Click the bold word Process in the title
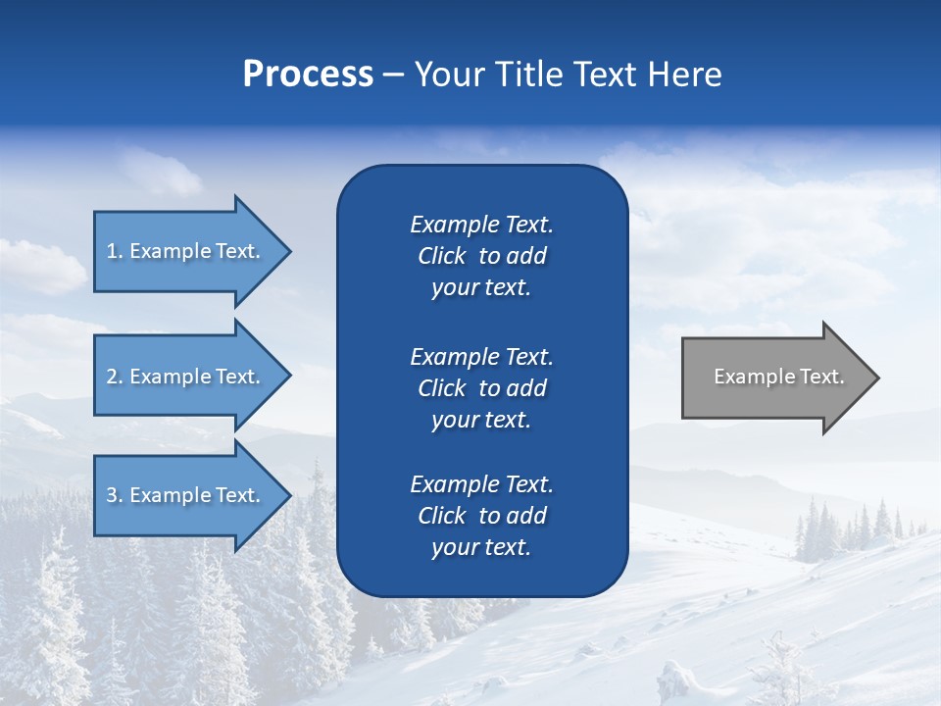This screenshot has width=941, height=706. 308,75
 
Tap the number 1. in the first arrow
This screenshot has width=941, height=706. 115,251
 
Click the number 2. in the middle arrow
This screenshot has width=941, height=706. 115,377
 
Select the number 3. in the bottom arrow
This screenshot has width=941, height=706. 115,495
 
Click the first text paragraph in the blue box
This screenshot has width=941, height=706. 481,256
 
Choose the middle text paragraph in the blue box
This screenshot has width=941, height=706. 481,388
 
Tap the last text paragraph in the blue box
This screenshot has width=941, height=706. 481,516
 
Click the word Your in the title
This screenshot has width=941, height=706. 449,75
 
